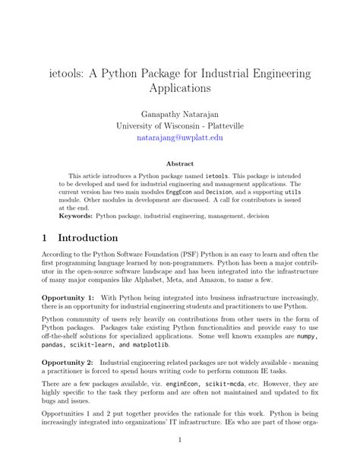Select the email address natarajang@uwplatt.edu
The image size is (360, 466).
[180, 138]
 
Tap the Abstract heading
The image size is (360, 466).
[180, 163]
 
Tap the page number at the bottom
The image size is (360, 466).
[180, 439]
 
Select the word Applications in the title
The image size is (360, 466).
[180, 88]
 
